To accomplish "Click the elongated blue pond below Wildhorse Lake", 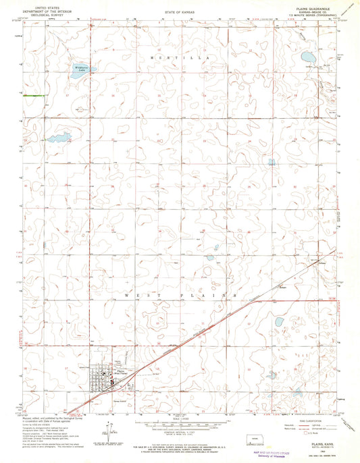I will coord(59,138).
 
